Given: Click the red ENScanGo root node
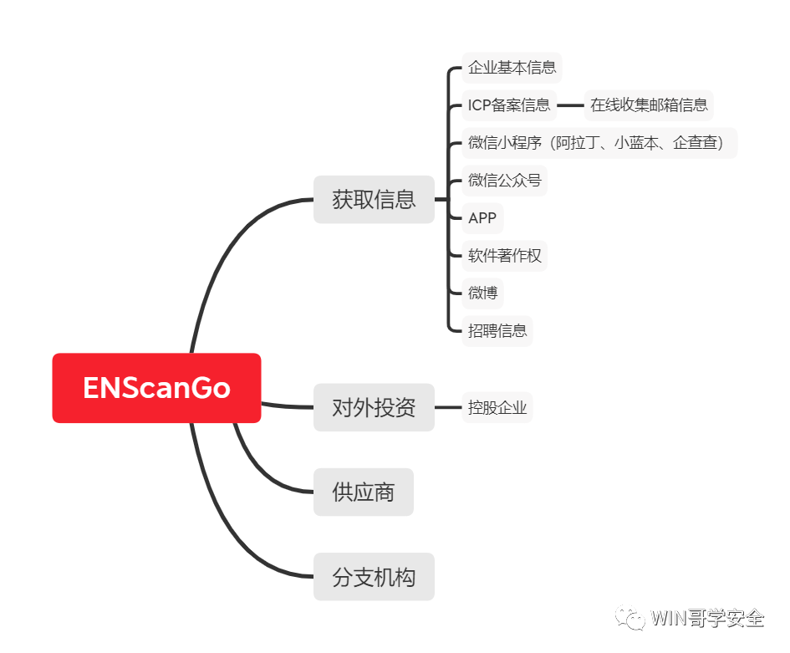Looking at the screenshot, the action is point(156,388).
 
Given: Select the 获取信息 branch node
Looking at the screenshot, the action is point(374,199).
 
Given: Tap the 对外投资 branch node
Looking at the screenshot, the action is point(374,407).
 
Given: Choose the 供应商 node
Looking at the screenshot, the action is point(363,492).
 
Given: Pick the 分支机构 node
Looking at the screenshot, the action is point(374,576).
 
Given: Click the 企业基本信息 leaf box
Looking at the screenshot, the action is point(512,67).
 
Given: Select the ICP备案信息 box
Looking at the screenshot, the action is point(509,105).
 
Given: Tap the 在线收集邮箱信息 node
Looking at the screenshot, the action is point(649,105).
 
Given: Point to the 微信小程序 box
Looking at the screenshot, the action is point(599,142).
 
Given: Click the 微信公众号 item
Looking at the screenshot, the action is point(504,180).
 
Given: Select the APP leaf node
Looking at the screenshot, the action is point(482,218).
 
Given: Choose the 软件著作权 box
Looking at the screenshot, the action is point(505,255).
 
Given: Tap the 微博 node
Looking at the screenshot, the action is point(482,293).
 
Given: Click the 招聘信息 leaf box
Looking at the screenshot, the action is point(497,330).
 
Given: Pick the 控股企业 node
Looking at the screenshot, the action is point(497,408).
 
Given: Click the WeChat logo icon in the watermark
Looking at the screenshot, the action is point(630,617).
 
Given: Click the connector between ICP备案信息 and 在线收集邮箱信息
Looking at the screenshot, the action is point(570,105).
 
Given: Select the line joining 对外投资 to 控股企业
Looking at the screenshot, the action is point(448,408).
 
